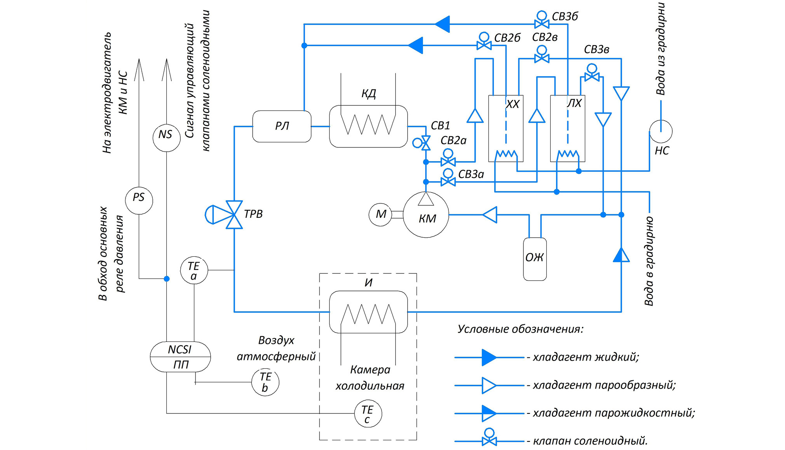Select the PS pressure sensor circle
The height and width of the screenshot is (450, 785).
pos(139,200)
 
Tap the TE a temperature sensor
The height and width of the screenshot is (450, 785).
pos(194,270)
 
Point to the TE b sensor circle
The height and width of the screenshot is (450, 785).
pos(265,382)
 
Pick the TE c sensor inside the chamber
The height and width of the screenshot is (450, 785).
pos(368,414)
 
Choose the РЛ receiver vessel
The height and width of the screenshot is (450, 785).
pos(282,126)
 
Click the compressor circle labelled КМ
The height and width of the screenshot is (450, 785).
pos(426,215)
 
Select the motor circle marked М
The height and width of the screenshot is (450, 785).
pos(380,214)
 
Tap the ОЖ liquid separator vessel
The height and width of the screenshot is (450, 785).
pos(535,259)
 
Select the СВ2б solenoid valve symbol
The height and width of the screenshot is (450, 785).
pos(484,45)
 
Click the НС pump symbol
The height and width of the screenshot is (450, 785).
pos(661,131)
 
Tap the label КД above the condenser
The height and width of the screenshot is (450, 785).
pos(368,94)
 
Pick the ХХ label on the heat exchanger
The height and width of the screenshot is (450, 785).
pos(513,104)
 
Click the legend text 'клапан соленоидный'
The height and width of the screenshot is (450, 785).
pos(590,441)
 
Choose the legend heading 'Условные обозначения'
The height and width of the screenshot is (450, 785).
pos(520,329)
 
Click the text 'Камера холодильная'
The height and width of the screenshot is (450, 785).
pos(370,378)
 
